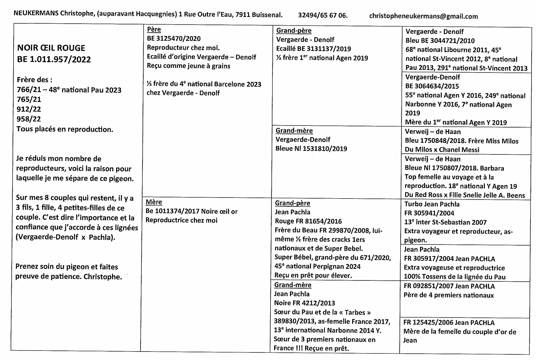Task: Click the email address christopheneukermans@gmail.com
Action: (423, 16)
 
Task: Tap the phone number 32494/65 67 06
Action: (323, 16)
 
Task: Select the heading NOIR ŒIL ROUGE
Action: (51, 48)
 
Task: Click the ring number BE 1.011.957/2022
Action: (54, 60)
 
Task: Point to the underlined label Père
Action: (154, 30)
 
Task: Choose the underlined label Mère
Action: (154, 202)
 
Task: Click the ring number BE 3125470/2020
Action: (174, 39)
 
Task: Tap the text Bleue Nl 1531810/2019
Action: (311, 148)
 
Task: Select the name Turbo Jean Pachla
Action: (431, 204)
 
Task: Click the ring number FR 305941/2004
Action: (430, 213)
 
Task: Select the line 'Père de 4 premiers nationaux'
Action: (448, 295)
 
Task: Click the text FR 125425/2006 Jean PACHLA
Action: (449, 323)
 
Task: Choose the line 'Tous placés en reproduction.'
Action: (65, 129)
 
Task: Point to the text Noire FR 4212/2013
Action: (304, 303)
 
